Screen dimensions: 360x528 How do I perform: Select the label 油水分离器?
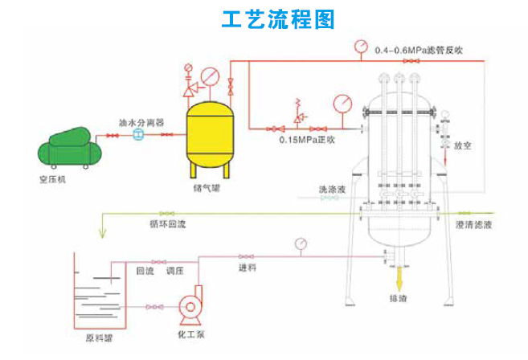click(x=141, y=124)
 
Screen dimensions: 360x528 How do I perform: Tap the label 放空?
click(x=461, y=146)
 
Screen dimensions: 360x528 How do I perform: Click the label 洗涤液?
click(x=332, y=190)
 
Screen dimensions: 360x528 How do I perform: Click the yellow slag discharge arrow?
click(x=399, y=278)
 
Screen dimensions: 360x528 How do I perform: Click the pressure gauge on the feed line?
click(x=301, y=243)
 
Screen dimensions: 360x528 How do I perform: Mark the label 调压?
click(x=175, y=272)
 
